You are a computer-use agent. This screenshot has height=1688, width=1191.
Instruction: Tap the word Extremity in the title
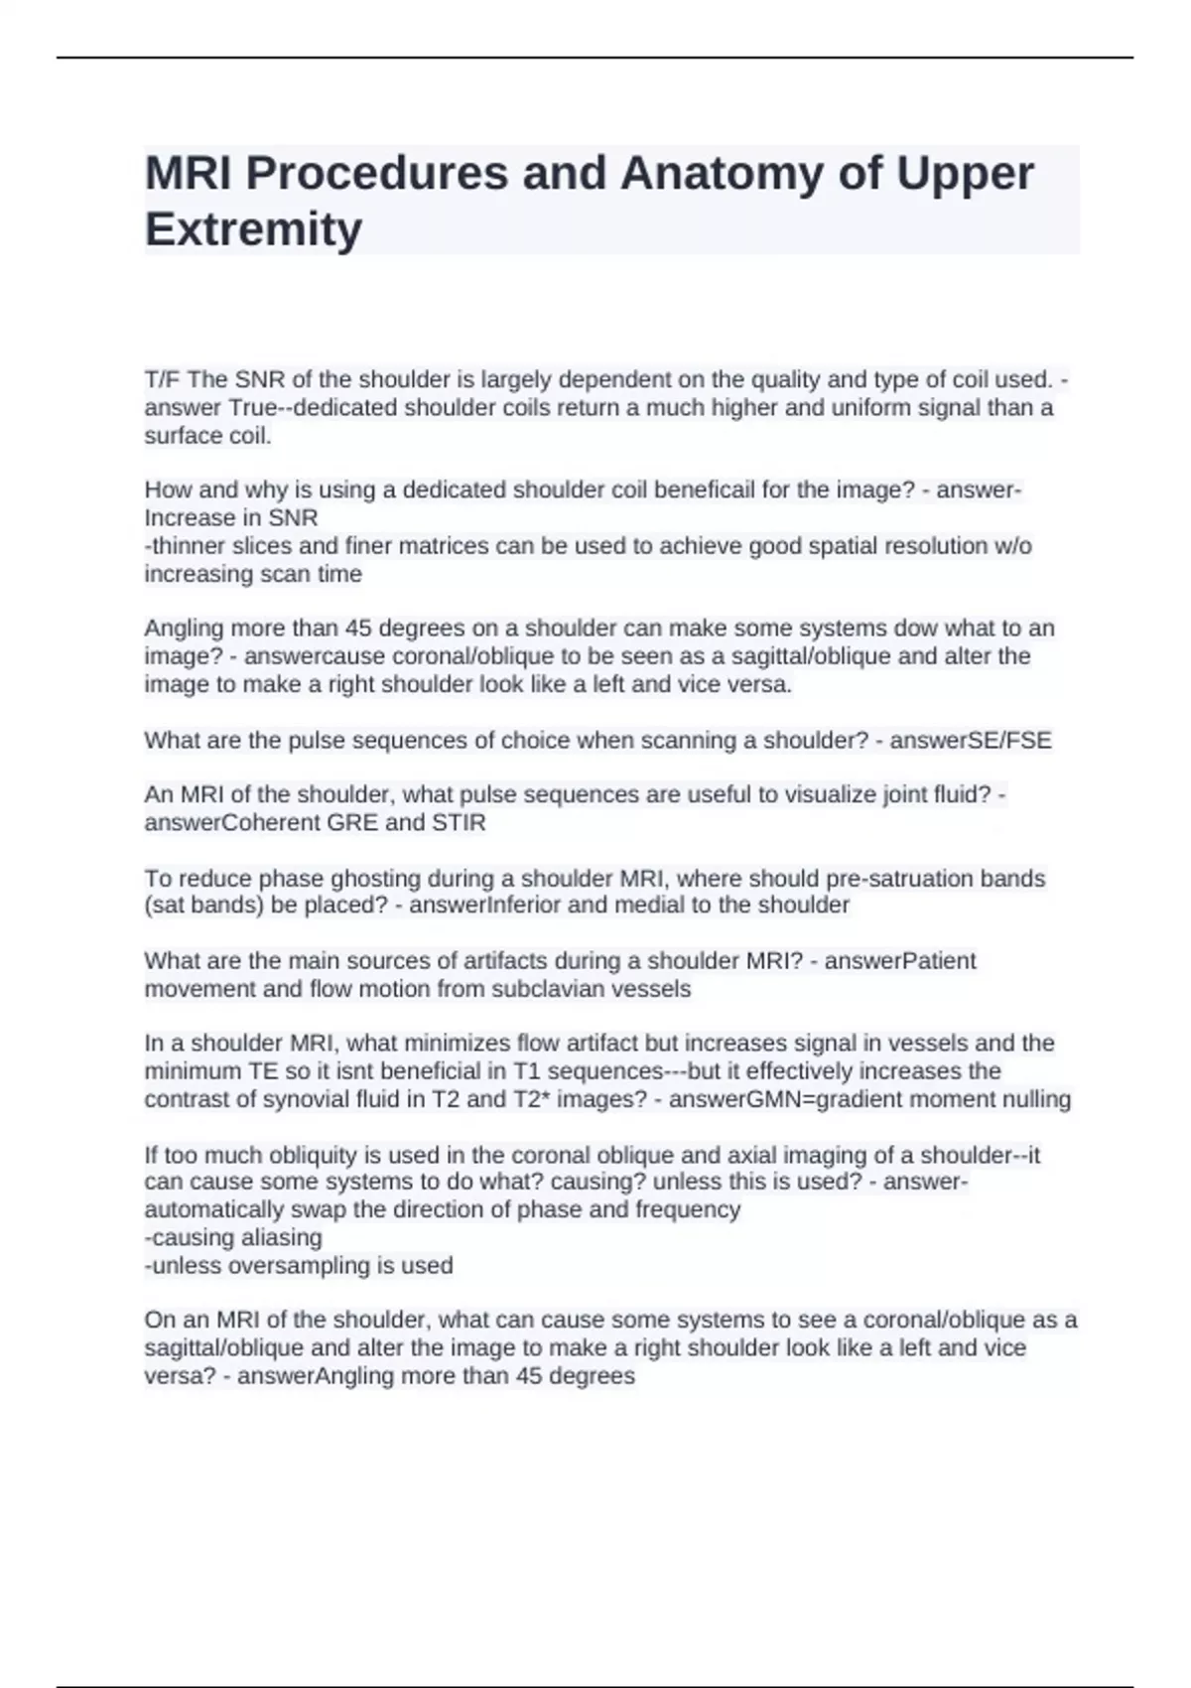pyautogui.click(x=254, y=229)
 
